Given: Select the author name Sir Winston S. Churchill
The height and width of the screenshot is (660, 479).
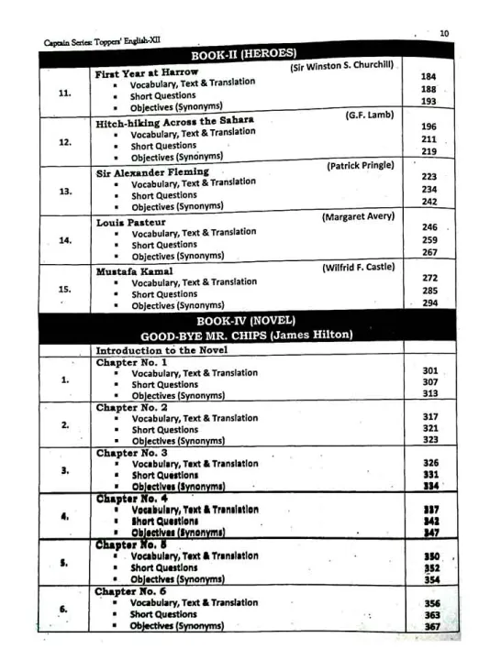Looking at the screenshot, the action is (342, 67).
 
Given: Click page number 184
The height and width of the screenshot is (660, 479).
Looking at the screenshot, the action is (429, 77).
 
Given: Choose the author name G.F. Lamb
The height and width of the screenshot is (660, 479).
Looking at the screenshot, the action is (369, 115).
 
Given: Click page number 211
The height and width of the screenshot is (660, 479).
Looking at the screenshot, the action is (429, 139).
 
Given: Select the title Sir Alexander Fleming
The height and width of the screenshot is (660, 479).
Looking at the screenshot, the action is (152, 171).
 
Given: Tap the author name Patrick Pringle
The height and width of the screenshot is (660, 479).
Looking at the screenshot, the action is (360, 166).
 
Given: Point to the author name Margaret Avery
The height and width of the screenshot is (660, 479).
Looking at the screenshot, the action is (358, 216).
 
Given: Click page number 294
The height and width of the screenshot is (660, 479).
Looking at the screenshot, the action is (429, 302).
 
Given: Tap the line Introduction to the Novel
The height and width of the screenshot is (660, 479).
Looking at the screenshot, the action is (162, 350).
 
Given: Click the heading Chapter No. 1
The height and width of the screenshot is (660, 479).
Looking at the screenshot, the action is (131, 362).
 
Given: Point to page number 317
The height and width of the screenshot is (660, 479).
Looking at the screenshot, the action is (429, 416).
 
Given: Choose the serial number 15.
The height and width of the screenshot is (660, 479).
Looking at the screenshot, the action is (64, 289).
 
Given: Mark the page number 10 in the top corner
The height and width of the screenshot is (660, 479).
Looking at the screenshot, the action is (444, 34).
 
